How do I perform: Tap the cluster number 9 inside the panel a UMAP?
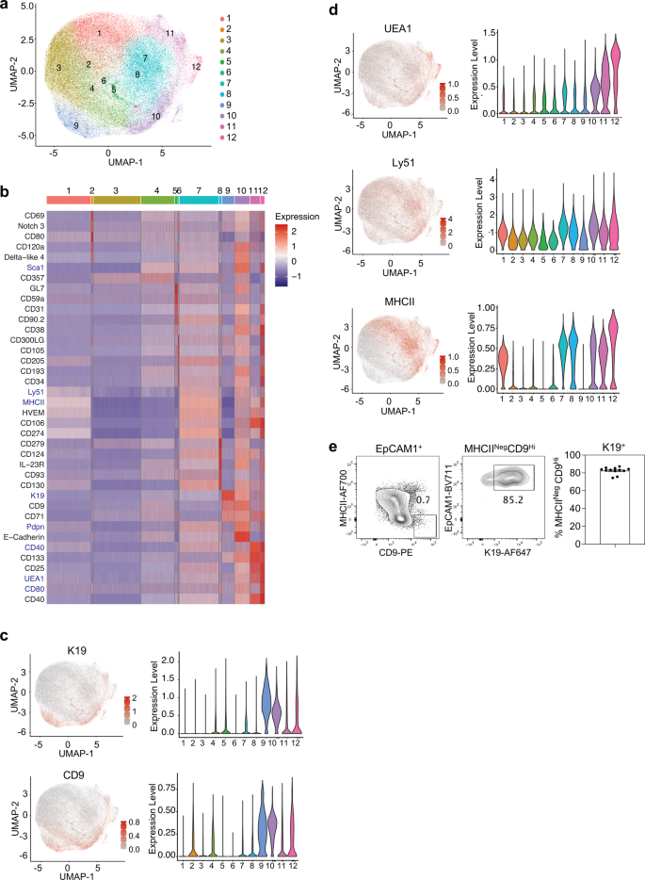(x=76, y=125)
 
